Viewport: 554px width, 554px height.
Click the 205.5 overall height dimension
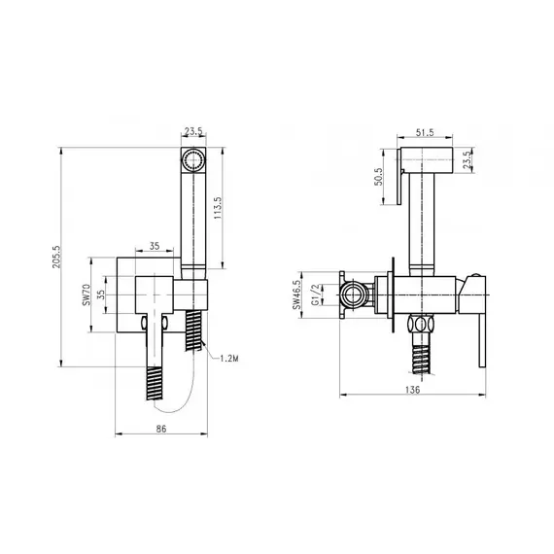click(57, 257)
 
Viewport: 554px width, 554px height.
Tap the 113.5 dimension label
click(218, 208)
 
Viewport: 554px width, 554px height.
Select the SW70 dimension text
click(86, 294)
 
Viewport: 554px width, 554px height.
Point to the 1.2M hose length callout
click(229, 359)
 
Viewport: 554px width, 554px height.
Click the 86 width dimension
click(161, 429)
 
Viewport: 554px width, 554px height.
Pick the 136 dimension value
click(412, 390)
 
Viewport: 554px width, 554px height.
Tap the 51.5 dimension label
click(425, 132)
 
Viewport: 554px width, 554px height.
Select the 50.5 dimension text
click(378, 177)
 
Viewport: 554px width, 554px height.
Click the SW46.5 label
click(296, 294)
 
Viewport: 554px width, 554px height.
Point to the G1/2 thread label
click(316, 294)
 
